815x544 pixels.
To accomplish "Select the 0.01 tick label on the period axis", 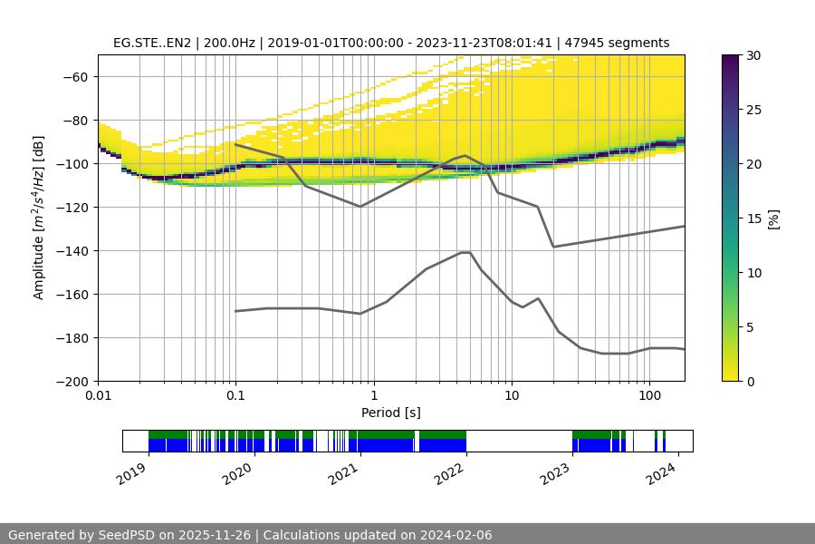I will (98, 396).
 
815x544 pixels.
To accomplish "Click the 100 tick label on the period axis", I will (648, 396).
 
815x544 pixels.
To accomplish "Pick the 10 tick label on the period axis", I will (511, 396).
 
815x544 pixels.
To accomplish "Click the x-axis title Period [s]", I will (390, 413).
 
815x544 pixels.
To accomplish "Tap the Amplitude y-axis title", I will (39, 218).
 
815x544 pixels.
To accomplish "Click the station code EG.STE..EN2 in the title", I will (151, 43).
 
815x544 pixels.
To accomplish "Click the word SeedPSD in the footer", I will (126, 535).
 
